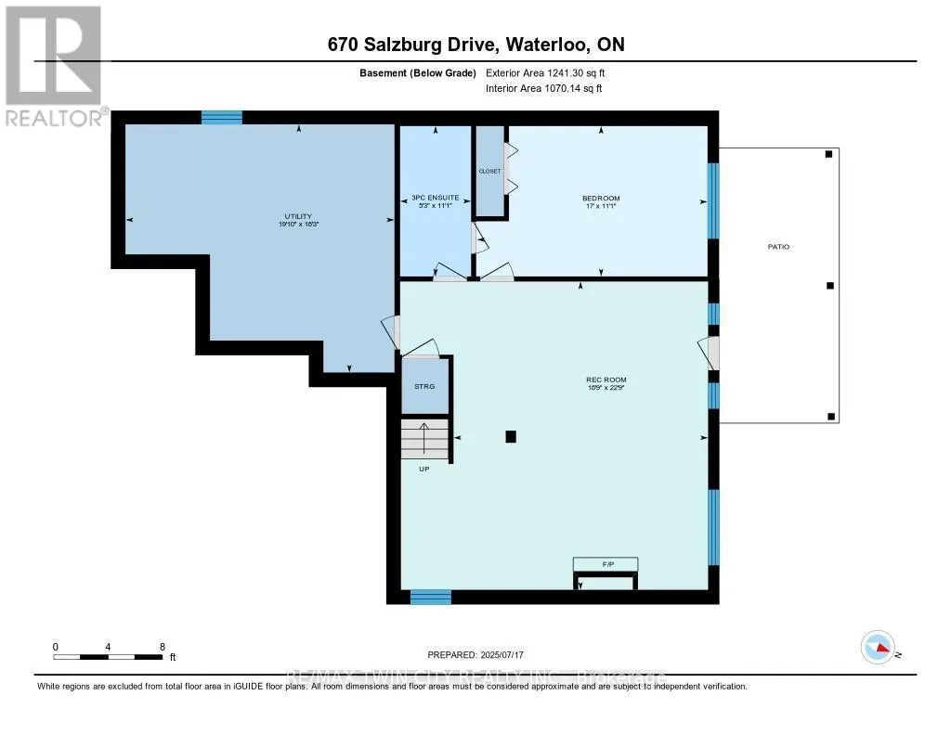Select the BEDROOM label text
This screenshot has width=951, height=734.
(x=601, y=199)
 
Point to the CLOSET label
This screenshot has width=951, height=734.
(x=489, y=172)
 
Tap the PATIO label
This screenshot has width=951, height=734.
(x=778, y=247)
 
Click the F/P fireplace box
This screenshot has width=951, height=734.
(x=606, y=564)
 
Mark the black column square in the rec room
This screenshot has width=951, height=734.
(x=510, y=436)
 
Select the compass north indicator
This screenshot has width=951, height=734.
(x=879, y=646)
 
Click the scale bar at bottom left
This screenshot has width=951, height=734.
(x=109, y=657)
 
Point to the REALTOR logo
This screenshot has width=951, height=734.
(x=53, y=65)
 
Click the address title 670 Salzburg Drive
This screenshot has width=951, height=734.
(x=475, y=45)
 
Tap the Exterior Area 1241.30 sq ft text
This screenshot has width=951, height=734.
(x=544, y=72)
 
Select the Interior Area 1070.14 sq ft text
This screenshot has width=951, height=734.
(x=544, y=89)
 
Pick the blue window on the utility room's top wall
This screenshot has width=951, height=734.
(x=222, y=117)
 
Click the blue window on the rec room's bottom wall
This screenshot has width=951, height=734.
(x=431, y=597)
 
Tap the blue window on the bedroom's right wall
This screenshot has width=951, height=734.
(x=713, y=200)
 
